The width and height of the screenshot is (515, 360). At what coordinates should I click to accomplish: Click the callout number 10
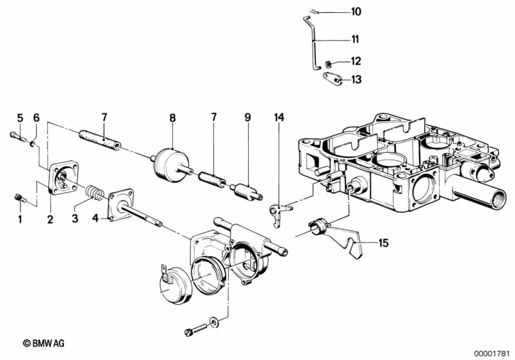(x=356, y=12)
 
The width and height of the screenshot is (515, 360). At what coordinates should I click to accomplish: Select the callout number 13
(x=356, y=79)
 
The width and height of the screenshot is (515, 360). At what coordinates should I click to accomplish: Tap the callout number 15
(x=384, y=243)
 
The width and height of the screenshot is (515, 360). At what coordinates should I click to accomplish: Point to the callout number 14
(x=279, y=117)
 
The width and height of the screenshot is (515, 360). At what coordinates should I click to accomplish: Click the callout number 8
(x=173, y=118)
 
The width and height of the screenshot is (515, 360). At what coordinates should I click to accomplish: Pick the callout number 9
(x=248, y=117)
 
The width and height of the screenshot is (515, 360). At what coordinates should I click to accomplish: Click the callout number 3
(x=75, y=218)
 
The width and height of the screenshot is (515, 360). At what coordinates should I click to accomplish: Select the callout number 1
(x=21, y=219)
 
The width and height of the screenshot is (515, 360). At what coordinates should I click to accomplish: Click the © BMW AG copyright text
(x=44, y=343)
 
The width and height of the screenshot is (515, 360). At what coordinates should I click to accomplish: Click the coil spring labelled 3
(x=95, y=193)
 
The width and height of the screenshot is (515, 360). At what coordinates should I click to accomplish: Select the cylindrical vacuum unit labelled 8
(x=171, y=165)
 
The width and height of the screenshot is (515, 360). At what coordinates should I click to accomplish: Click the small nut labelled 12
(x=328, y=63)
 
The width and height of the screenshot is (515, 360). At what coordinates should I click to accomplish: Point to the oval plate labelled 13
(x=333, y=79)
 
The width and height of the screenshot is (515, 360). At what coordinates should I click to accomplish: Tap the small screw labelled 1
(x=20, y=198)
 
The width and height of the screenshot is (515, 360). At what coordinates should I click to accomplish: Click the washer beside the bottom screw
(x=214, y=321)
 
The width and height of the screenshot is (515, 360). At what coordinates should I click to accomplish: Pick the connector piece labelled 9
(x=247, y=193)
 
